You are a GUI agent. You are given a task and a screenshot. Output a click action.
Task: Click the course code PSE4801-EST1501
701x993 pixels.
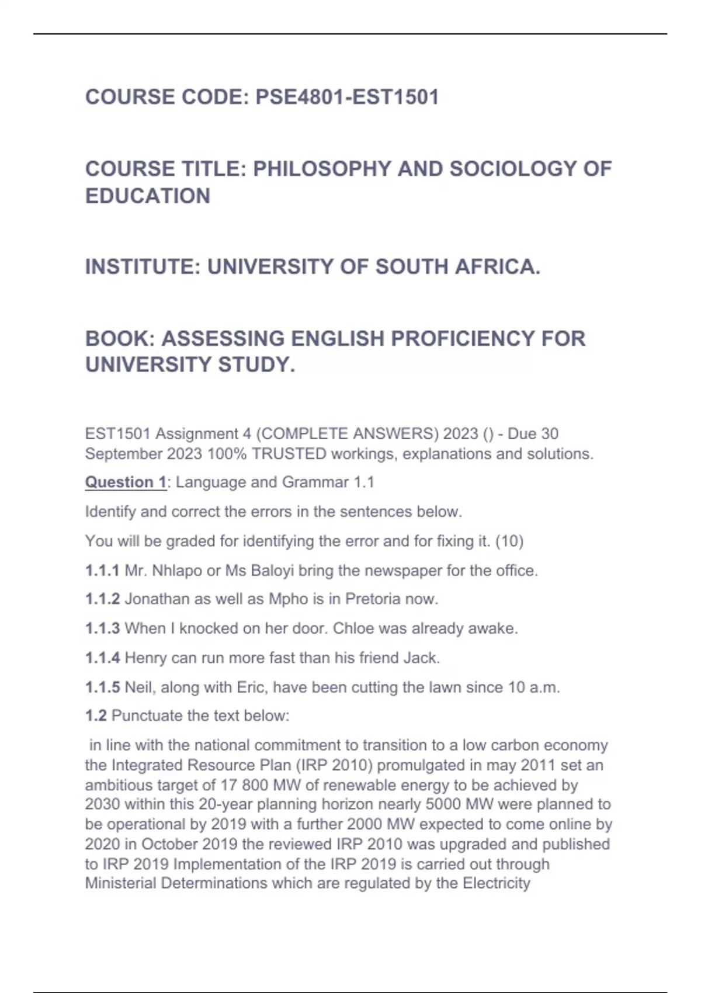347,97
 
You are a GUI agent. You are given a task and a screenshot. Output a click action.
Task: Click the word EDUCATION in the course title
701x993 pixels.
148,196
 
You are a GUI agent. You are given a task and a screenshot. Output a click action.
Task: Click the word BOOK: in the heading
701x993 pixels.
120,339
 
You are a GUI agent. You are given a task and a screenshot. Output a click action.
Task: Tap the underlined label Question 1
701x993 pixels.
126,482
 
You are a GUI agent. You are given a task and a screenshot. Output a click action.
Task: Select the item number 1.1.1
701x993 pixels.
102,571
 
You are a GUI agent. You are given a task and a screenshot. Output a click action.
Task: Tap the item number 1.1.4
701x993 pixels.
102,658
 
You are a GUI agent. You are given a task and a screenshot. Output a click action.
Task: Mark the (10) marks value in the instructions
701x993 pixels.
509,541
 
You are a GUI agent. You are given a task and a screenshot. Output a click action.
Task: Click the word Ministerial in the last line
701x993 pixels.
121,883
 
